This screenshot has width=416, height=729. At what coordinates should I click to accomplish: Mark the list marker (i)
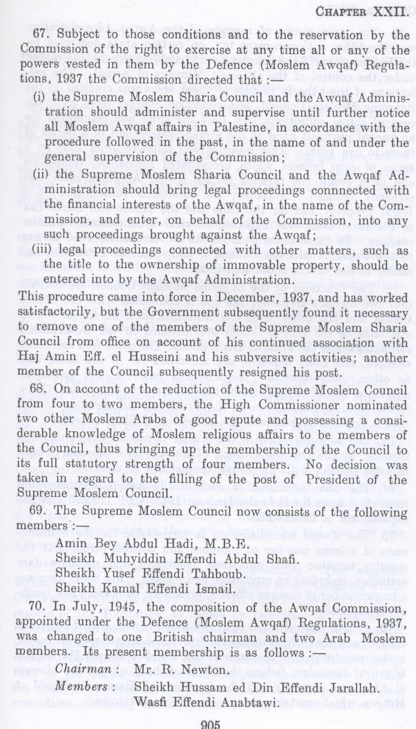pyautogui.click(x=40, y=97)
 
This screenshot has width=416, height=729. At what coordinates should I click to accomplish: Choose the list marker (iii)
pyautogui.click(x=43, y=250)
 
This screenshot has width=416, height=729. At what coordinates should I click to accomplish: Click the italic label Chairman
pyautogui.click(x=84, y=669)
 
